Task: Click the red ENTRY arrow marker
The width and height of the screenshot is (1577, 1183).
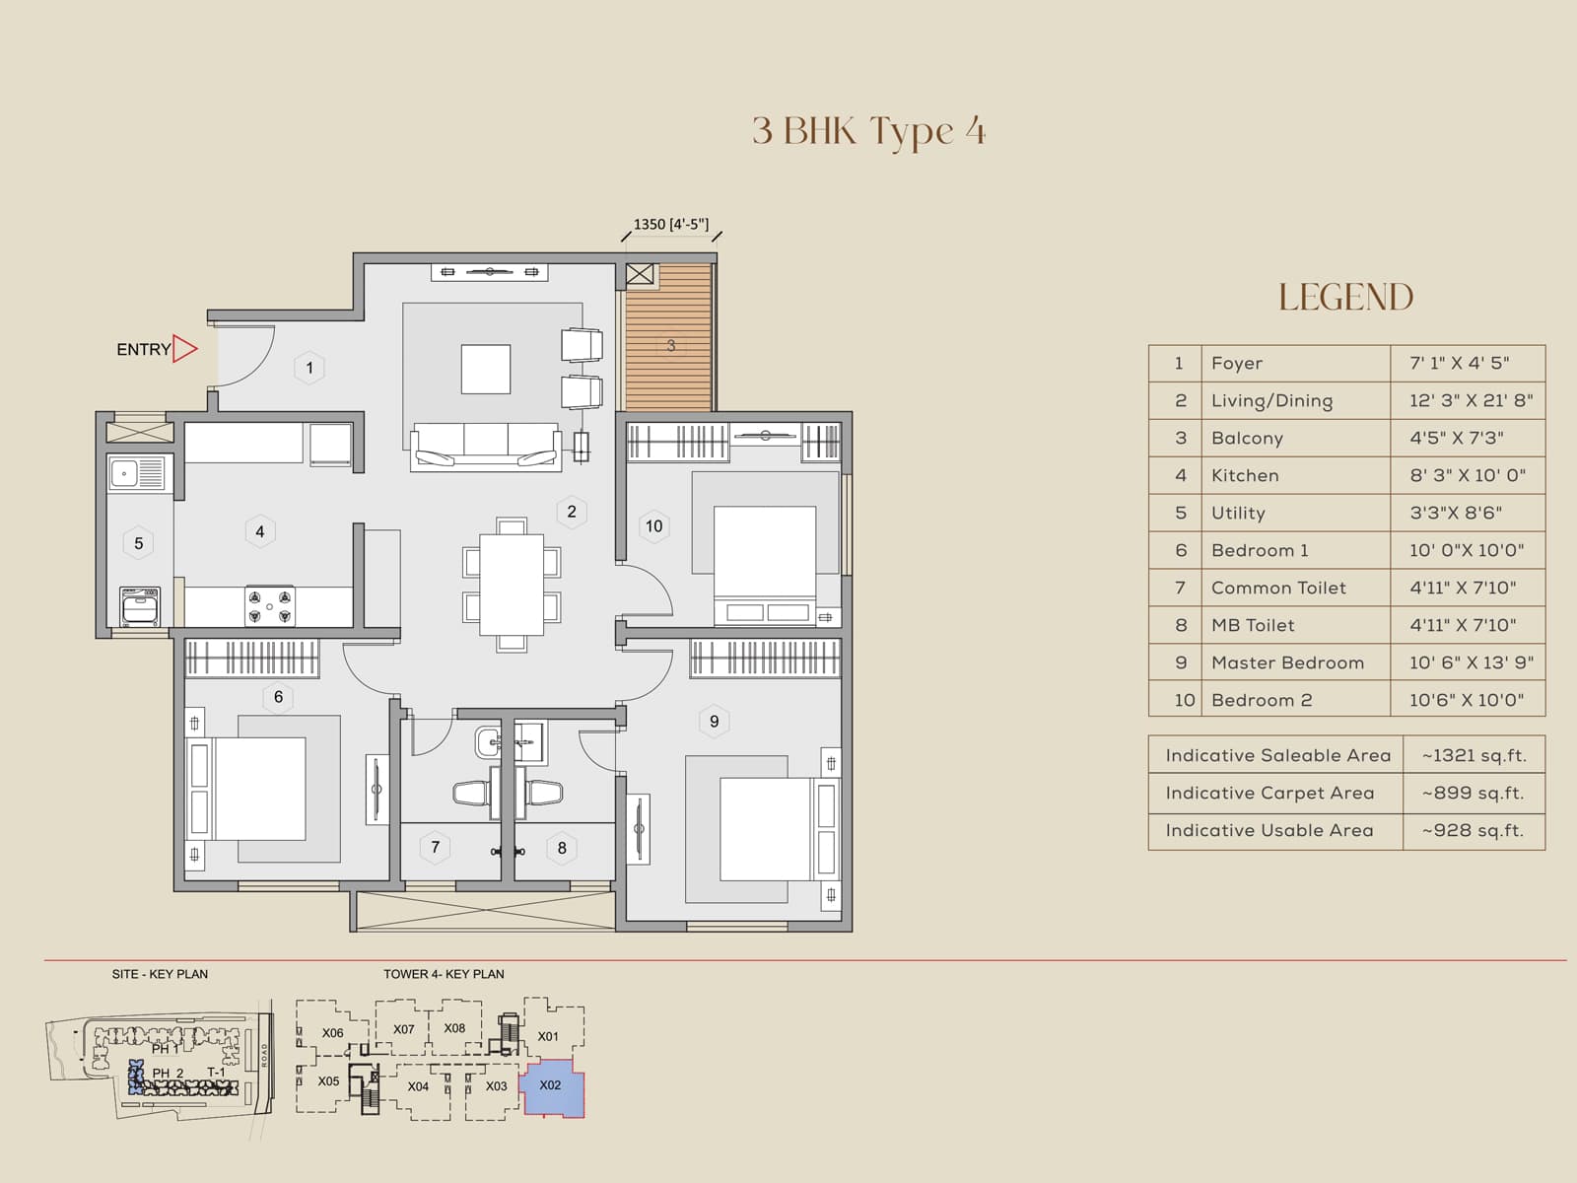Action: [x=184, y=348]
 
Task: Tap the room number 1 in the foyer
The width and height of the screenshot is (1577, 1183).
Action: [x=309, y=368]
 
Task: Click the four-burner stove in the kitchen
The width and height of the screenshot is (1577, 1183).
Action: [x=269, y=605]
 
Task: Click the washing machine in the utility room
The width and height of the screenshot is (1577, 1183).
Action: [x=139, y=605]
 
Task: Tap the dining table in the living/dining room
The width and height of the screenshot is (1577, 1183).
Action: [x=512, y=584]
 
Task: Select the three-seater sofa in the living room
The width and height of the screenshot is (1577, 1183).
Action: [x=486, y=446]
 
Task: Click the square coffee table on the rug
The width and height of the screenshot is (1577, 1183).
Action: [x=486, y=369]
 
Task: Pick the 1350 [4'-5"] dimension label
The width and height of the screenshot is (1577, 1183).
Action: [x=670, y=225]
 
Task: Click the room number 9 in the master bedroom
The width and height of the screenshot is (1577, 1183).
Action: [x=714, y=721]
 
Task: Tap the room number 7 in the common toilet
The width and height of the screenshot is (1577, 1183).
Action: [x=435, y=847]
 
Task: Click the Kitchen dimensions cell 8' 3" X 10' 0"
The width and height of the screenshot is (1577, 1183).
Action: [x=1467, y=475]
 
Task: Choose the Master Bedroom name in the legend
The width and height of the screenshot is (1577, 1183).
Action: [x=1287, y=662]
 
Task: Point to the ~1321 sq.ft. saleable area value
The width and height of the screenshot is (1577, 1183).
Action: [x=1474, y=755]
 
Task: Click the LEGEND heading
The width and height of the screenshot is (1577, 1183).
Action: [x=1345, y=297]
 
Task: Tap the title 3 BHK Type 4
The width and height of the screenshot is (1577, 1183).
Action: [x=868, y=131]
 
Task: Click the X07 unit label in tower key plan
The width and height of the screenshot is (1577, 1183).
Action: [x=404, y=1029]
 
